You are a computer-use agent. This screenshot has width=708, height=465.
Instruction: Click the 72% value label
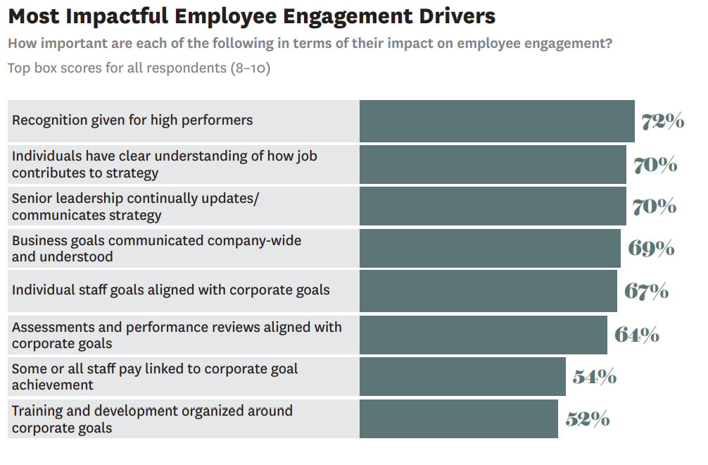coord(662,121)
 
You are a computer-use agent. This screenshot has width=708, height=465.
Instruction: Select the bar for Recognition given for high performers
coord(497,121)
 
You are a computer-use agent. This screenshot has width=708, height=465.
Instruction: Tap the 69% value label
coord(651,248)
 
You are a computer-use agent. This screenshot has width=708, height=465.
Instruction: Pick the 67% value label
coord(646,291)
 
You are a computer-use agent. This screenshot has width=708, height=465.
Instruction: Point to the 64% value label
coord(637,335)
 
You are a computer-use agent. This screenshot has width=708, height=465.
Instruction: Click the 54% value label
coord(595,377)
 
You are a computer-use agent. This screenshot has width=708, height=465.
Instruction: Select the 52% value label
coord(588,419)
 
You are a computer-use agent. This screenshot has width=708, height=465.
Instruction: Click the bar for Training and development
coord(459,419)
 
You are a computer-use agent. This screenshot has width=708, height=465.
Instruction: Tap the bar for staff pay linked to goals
coord(462,377)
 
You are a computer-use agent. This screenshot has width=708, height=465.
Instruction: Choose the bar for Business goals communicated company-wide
coord(490,248)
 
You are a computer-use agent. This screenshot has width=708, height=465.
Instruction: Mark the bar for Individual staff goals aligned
coord(488,291)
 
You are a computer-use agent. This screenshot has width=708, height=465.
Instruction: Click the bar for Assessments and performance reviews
coord(483,335)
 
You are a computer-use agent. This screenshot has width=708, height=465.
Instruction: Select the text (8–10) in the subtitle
coord(250,68)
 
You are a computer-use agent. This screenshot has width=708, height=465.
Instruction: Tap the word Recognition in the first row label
coord(49,120)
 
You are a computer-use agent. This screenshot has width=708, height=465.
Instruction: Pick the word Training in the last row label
coord(37,411)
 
